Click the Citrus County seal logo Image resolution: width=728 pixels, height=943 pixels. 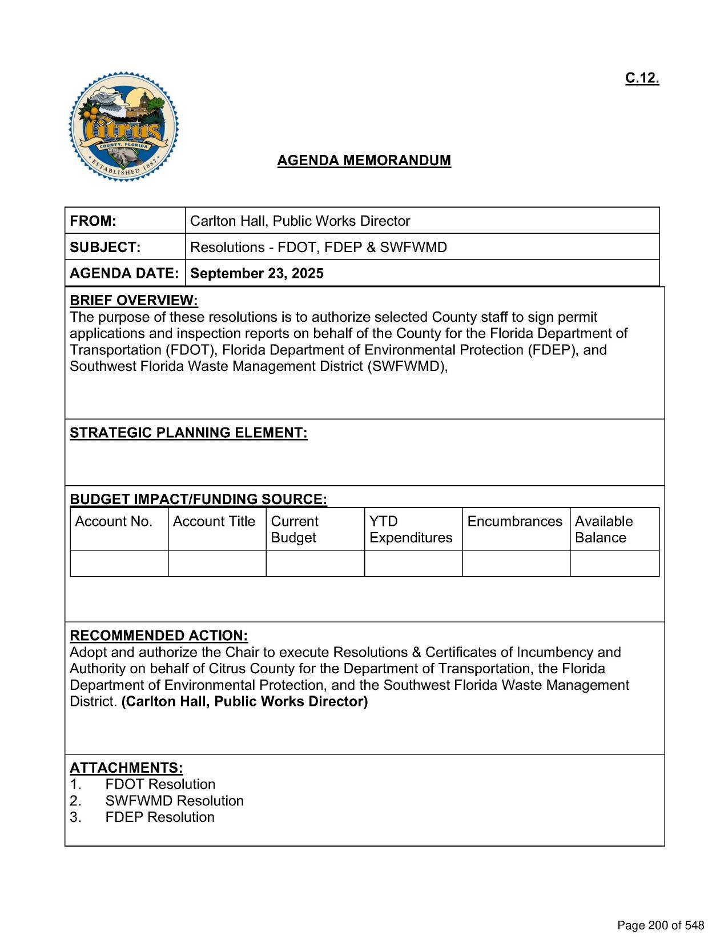[123, 127]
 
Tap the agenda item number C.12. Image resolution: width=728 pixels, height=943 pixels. [642, 78]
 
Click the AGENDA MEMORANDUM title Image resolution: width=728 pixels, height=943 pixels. [364, 161]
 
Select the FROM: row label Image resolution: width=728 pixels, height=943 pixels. [93, 221]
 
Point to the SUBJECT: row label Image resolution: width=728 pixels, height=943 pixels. [105, 247]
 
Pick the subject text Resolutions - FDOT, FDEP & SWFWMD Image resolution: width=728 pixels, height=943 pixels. [318, 247]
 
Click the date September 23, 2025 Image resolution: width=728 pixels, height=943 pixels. [256, 273]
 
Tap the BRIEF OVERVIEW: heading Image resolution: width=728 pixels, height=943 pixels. [134, 301]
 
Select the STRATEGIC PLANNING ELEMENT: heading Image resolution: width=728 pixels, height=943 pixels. [188, 433]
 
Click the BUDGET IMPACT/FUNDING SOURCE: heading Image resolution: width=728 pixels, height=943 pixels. [198, 499]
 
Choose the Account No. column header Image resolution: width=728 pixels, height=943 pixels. [114, 521]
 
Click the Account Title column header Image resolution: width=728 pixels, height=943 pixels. [214, 521]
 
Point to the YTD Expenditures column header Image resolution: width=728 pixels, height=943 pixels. [411, 529]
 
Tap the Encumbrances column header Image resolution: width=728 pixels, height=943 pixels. [514, 521]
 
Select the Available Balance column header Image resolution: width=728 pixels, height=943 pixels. [604, 529]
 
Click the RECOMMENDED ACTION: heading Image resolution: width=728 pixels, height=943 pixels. [159, 636]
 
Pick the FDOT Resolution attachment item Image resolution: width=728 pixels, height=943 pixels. [160, 784]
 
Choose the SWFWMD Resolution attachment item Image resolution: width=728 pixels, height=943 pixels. [174, 801]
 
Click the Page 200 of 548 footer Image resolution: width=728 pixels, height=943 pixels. [661, 925]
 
